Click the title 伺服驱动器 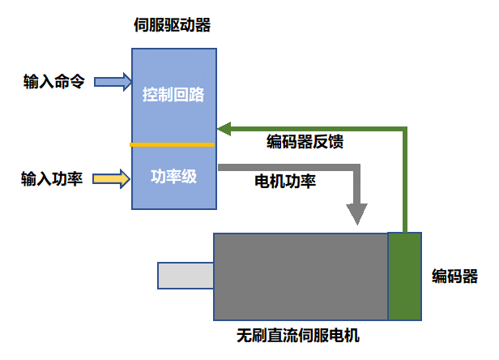point(172,25)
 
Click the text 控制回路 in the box point(173,95)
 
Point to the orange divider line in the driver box point(173,145)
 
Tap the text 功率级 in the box point(173,177)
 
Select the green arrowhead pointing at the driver point(224,128)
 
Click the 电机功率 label point(285,182)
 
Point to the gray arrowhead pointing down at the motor point(356,213)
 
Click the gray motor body point(300,276)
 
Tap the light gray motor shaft point(185,276)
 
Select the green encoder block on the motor point(404,276)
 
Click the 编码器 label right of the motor point(454,276)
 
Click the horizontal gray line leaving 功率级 point(284,168)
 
